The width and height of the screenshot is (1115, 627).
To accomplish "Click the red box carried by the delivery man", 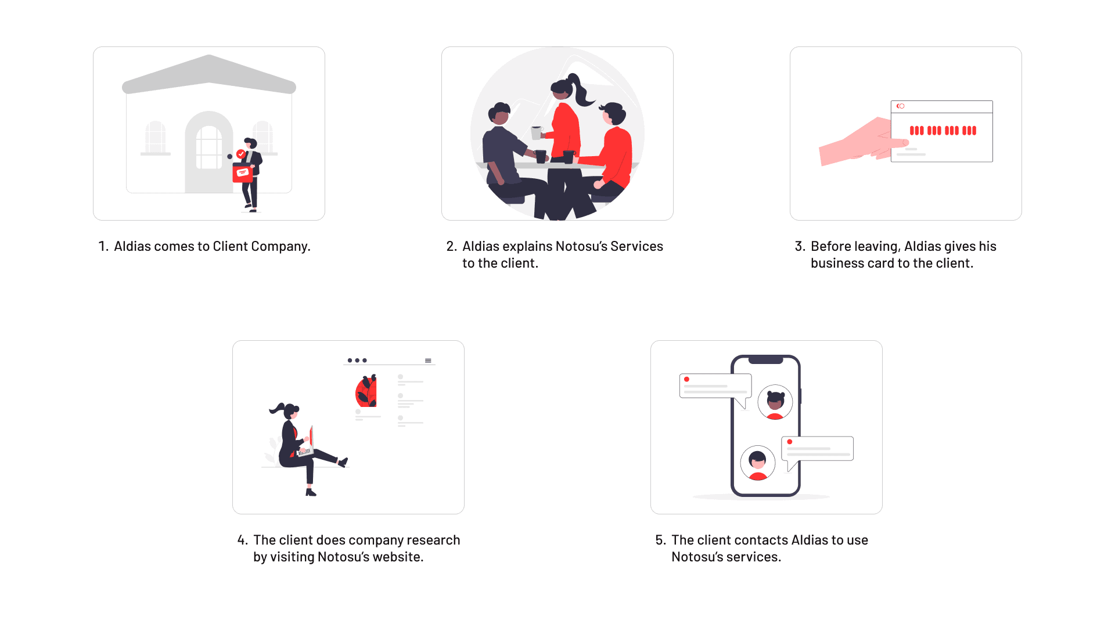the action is pyautogui.click(x=243, y=172).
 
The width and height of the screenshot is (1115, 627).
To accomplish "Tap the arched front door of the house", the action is pyautogui.click(x=208, y=152).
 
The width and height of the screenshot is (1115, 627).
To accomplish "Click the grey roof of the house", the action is pyautogui.click(x=209, y=74).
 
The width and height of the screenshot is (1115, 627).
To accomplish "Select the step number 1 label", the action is pyautogui.click(x=103, y=246).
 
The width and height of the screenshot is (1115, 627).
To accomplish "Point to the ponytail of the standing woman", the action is pyautogui.click(x=581, y=90).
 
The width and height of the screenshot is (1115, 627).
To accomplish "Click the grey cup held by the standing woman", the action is pyautogui.click(x=536, y=133).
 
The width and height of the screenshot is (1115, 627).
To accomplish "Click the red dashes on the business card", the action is pyautogui.click(x=943, y=131).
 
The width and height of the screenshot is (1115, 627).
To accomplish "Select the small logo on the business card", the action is pyautogui.click(x=900, y=106).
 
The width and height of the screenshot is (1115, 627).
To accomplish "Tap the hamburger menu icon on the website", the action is pyautogui.click(x=428, y=361).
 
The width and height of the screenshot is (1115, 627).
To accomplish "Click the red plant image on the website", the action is pyautogui.click(x=366, y=391).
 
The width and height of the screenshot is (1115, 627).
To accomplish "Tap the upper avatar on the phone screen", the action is pyautogui.click(x=775, y=402).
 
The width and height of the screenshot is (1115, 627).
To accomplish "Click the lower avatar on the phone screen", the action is pyautogui.click(x=758, y=463).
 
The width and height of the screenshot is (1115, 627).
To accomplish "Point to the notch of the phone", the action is pyautogui.click(x=766, y=360).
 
